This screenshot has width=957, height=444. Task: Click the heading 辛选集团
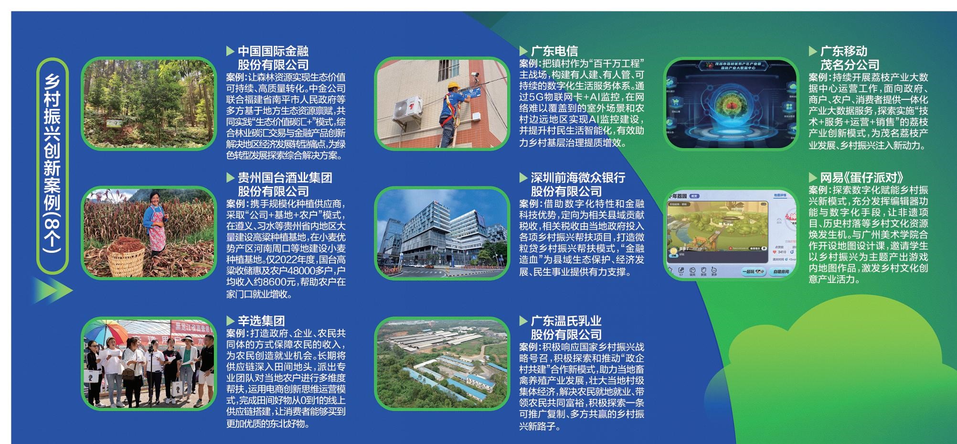click(261, 321)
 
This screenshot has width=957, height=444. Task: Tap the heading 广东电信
click(554, 51)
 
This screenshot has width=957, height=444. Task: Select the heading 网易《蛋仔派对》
click(862, 178)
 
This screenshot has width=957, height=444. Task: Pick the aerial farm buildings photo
click(442, 363)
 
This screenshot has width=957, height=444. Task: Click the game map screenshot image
click(731, 233)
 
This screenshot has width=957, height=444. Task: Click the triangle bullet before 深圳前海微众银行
click(523, 178)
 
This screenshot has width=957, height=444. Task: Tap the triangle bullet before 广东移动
click(812, 51)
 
